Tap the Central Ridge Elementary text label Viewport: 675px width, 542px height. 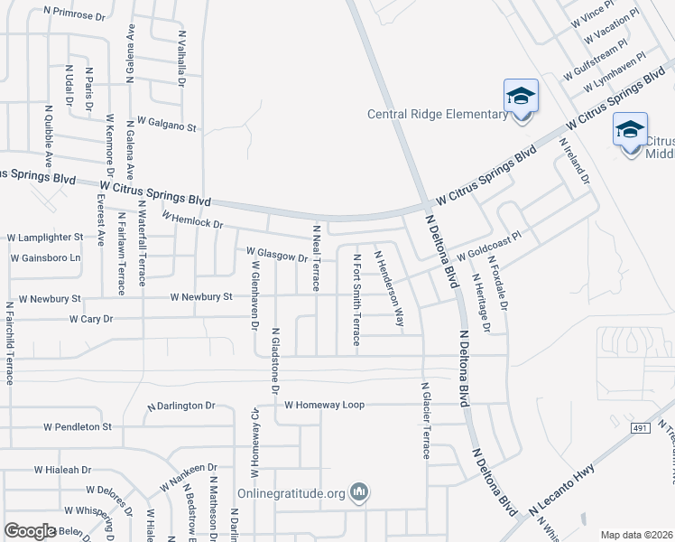[x=438, y=114]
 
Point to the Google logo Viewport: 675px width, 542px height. [x=31, y=531]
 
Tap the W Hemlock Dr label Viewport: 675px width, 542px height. [x=191, y=220]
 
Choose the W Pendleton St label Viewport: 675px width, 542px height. [x=75, y=426]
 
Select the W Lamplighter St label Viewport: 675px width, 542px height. [x=45, y=238]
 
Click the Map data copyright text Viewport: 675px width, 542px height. [x=637, y=535]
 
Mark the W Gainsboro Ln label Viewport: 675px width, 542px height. [x=45, y=258]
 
